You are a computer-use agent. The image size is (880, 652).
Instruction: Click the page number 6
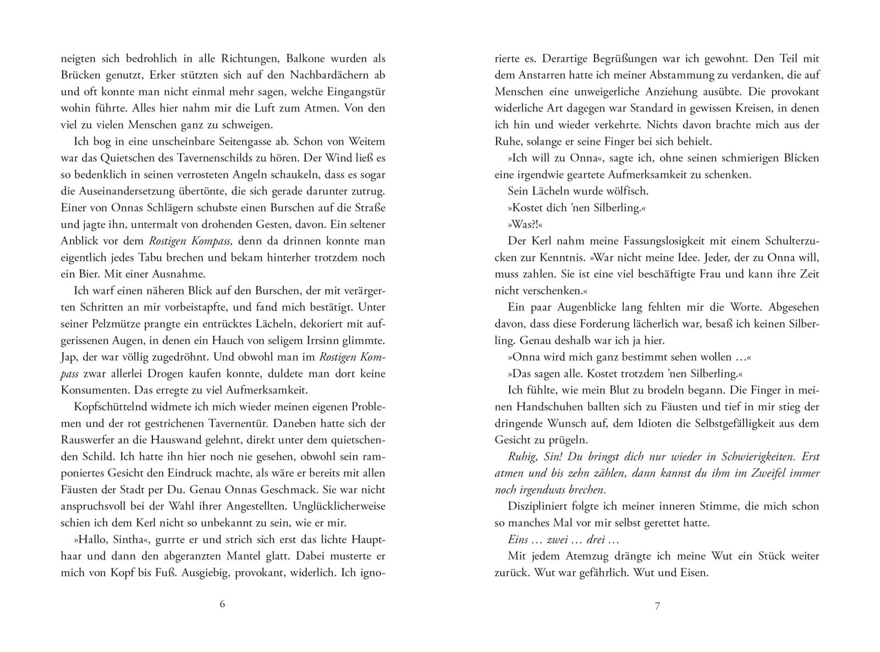click(222, 604)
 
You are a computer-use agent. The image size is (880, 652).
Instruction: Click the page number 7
click(657, 606)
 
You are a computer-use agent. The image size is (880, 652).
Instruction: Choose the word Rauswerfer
click(88, 440)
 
